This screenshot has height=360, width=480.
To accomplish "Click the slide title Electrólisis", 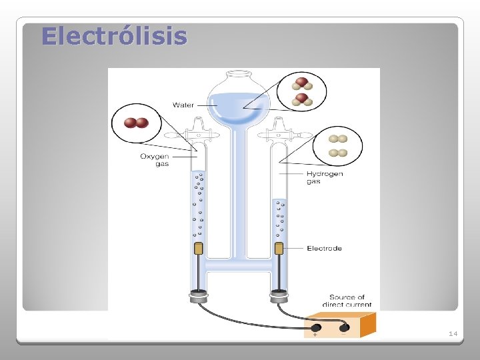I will click(114, 36).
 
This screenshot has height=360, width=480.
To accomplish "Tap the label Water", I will click(183, 105).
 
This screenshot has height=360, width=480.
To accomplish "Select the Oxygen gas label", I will click(154, 160).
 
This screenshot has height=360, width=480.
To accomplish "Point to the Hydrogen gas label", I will click(325, 177).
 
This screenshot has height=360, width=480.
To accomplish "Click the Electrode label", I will click(324, 248).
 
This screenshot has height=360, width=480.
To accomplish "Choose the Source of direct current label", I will click(347, 301).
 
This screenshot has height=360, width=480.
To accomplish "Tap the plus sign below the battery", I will click(315, 335).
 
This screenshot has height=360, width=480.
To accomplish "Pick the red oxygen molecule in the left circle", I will click(137, 123).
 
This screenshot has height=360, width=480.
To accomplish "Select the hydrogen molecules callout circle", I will click(339, 145).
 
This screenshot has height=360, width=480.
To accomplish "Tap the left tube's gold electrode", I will click(198, 249).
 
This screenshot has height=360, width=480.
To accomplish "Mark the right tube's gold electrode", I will click(279, 249).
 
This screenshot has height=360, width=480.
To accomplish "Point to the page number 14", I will click(453, 333).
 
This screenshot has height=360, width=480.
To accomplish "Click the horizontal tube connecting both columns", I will click(239, 265).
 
